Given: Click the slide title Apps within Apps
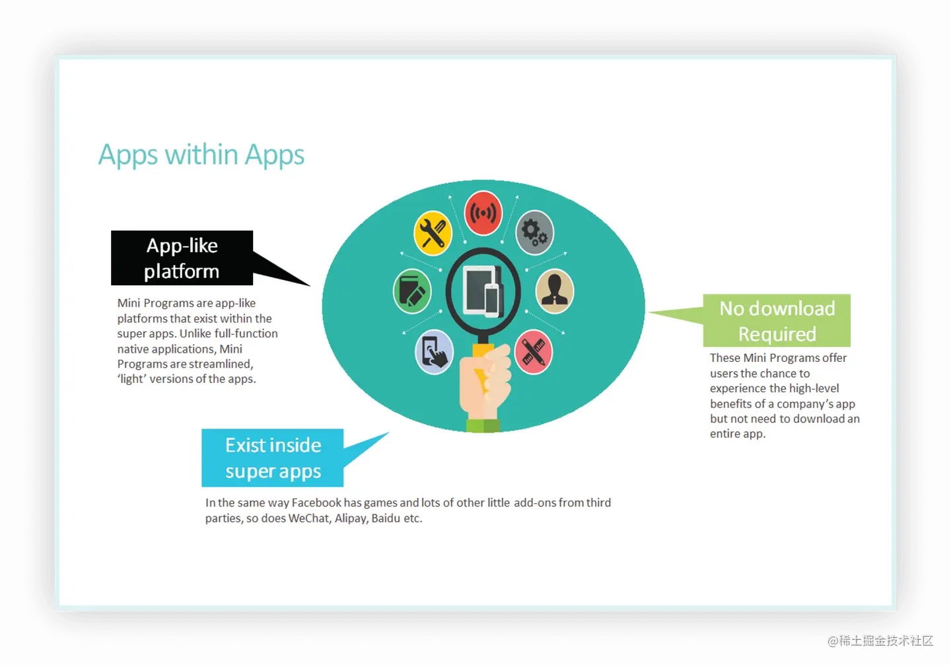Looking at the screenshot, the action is [201, 155].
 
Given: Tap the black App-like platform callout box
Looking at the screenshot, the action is [182, 258].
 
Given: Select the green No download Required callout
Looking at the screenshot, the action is [777, 321].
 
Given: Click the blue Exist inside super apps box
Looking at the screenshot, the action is [273, 458].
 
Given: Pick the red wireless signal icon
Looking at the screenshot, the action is [483, 213].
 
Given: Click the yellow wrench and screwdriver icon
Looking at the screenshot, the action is [433, 233].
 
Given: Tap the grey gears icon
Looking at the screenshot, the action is [534, 232].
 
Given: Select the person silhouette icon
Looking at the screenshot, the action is [555, 291].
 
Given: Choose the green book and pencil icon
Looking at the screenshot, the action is [412, 291].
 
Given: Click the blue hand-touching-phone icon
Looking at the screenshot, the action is [434, 351].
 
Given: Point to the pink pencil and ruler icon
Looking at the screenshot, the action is [533, 351].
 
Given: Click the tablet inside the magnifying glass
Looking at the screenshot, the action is [480, 291].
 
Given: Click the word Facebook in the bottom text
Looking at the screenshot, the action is [316, 503].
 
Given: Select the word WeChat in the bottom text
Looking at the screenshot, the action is [309, 518].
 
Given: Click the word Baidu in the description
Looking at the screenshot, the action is [386, 518].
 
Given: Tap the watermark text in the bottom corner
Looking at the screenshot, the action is [879, 639].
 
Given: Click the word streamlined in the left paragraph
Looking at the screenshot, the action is [221, 364].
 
